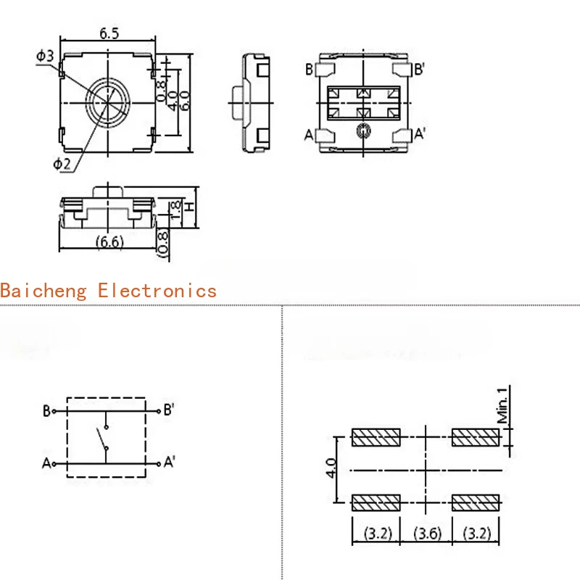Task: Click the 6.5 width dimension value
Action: (x=109, y=33)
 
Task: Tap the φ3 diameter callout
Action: (x=45, y=56)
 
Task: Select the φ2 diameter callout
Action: (x=62, y=164)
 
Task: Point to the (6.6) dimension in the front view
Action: (x=109, y=242)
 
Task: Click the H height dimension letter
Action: (x=190, y=207)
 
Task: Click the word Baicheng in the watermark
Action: (x=43, y=291)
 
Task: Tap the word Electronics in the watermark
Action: (x=157, y=291)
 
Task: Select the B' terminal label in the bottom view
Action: (x=419, y=69)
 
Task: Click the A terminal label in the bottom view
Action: (x=309, y=135)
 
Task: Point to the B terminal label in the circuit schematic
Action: (x=46, y=411)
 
